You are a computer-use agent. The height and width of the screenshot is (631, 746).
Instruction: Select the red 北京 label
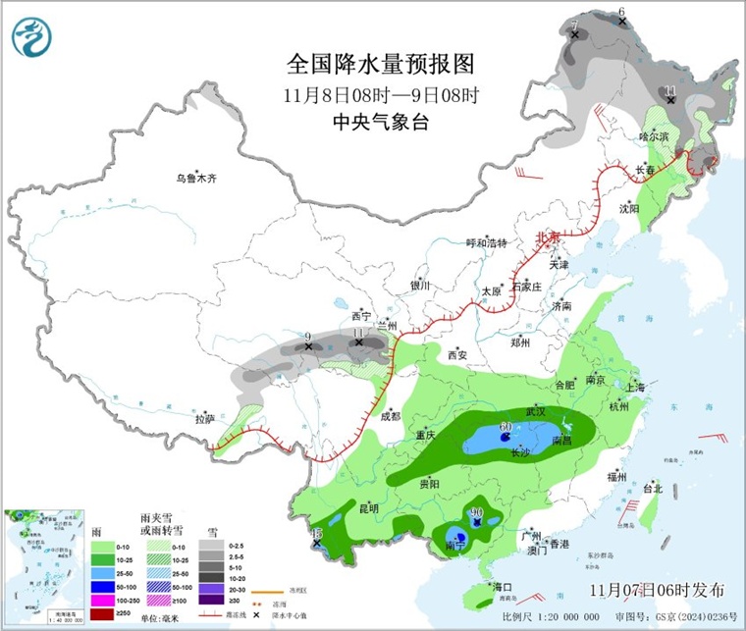pos(547,237)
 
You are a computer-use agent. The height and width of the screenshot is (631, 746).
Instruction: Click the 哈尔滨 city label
pos(653,136)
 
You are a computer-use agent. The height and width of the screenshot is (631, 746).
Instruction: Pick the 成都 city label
pos(391,416)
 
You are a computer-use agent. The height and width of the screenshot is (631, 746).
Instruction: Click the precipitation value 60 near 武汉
pos(506,426)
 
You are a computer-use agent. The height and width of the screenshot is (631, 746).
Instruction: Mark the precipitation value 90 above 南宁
pos(479,512)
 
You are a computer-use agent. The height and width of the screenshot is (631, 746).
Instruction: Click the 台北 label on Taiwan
pos(653,488)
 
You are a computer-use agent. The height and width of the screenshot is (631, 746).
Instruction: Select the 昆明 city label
pos(367,507)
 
